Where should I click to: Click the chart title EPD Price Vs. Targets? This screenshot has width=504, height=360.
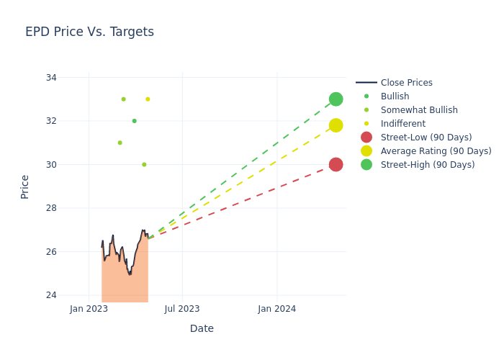tap(89, 32)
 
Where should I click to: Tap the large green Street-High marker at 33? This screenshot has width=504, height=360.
tap(336, 99)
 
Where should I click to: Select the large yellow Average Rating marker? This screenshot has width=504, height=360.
tap(336, 125)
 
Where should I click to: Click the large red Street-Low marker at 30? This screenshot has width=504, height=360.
tap(336, 165)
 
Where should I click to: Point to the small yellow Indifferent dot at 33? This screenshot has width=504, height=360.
tap(148, 99)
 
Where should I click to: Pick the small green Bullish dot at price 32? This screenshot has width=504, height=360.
tap(134, 121)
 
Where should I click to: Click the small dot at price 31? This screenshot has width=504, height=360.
tap(120, 143)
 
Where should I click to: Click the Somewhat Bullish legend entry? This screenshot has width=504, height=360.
tap(419, 110)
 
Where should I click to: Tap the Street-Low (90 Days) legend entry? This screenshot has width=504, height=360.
tap(426, 138)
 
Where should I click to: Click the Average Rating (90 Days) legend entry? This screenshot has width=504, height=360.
tap(436, 151)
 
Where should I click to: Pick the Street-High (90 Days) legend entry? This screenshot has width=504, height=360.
tap(428, 165)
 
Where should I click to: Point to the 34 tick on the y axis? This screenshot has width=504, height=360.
tap(50, 78)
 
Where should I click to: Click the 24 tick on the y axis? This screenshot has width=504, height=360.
tap(50, 295)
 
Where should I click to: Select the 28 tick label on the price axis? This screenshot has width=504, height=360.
tap(50, 208)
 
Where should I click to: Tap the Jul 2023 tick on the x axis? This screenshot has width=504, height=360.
tap(182, 309)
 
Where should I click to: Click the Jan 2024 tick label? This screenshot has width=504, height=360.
tap(276, 309)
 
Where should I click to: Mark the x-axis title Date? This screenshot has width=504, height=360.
tap(202, 329)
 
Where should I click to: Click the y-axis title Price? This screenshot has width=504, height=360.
tap(25, 186)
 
